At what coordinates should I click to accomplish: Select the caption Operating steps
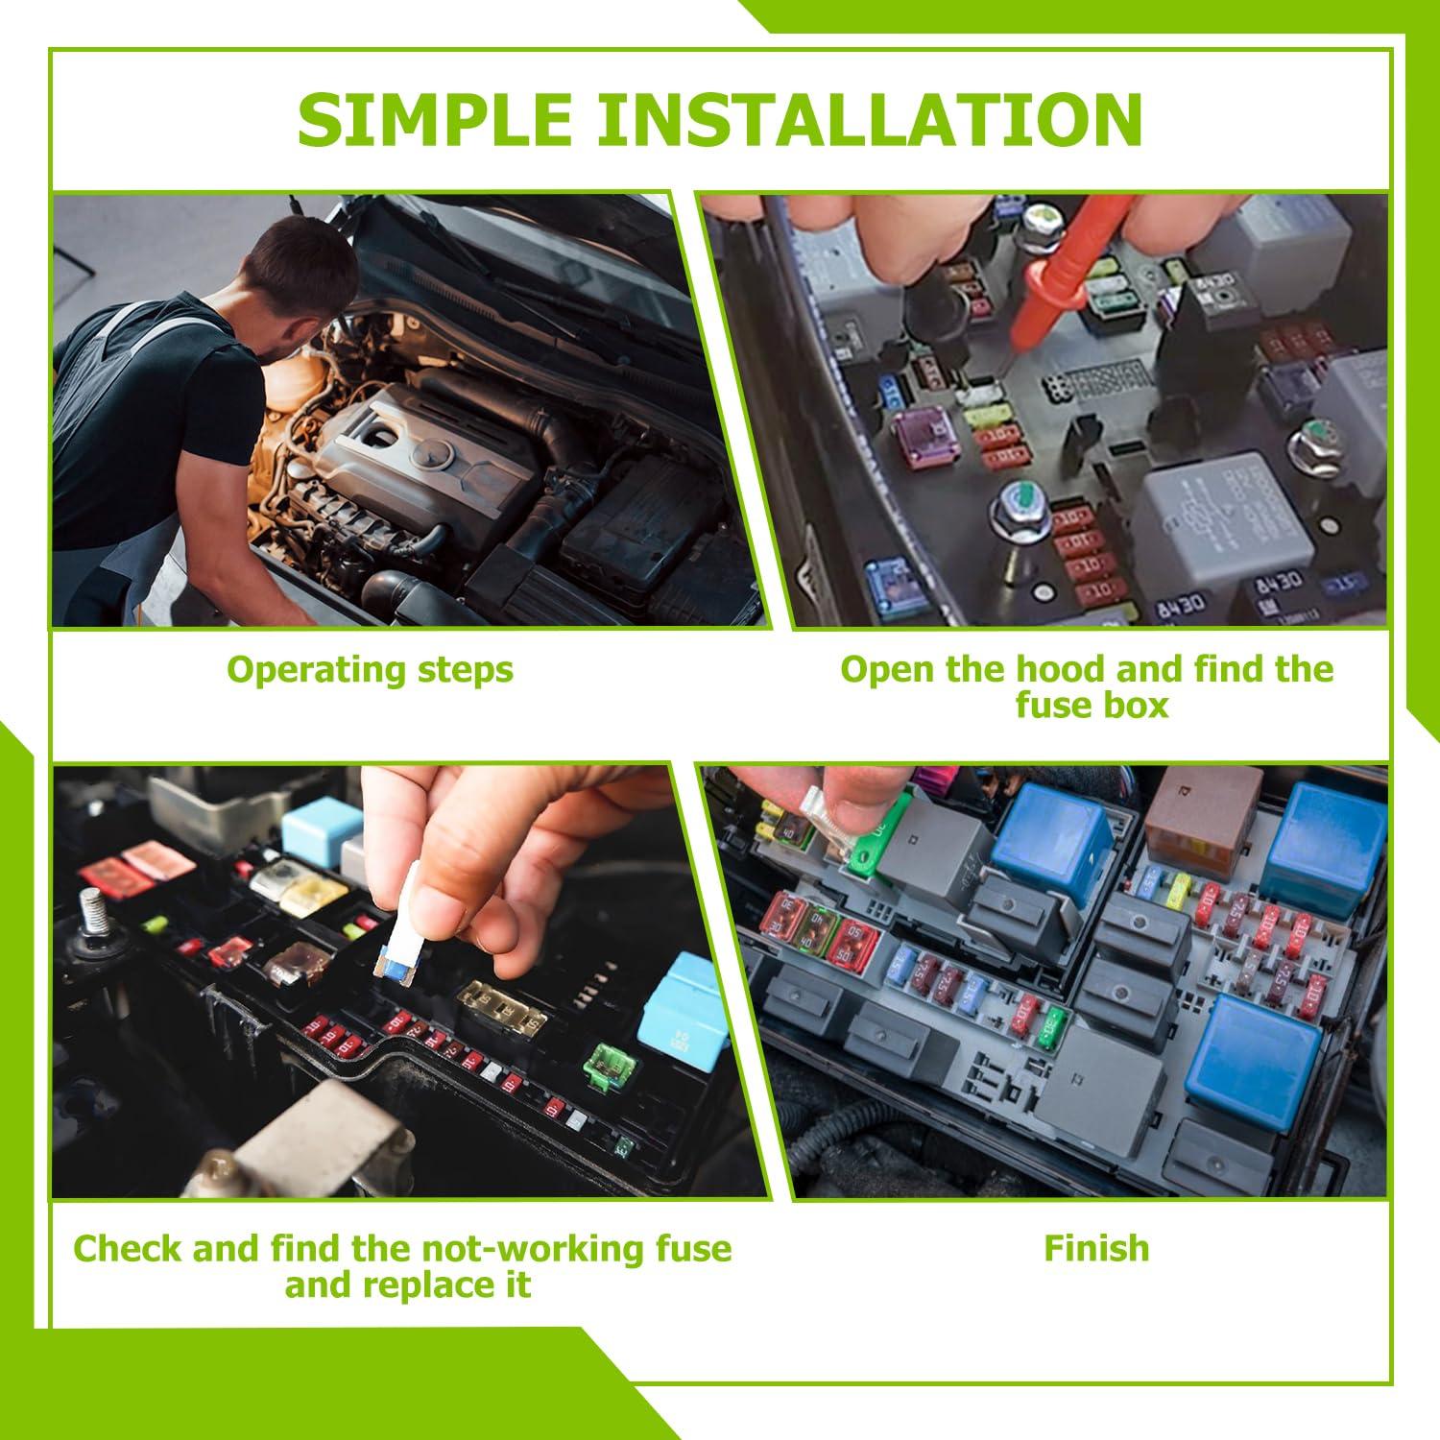pos(370,669)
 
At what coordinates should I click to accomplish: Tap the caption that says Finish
pos(1096,1248)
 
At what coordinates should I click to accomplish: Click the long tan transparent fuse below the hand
pos(505,1002)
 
